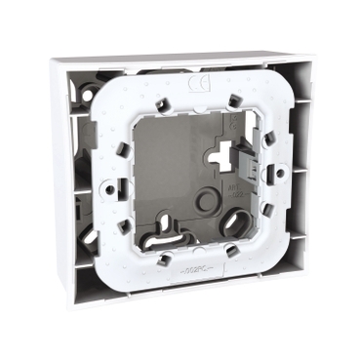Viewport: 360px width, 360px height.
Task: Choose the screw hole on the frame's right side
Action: [280, 172]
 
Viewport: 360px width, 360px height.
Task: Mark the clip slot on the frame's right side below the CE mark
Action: [266, 140]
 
